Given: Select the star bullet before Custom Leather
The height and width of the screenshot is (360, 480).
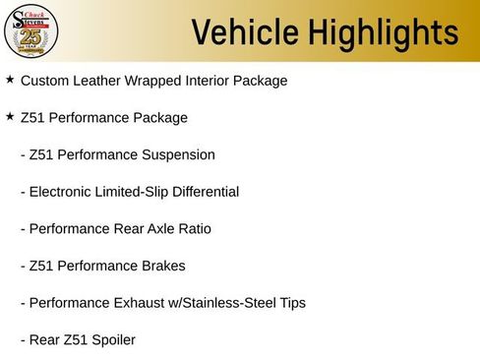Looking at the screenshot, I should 10,80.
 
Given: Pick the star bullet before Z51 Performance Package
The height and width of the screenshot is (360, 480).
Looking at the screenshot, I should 10,116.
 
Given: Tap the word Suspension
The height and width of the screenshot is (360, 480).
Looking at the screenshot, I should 177,154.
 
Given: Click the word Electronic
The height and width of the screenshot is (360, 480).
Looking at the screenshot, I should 64,191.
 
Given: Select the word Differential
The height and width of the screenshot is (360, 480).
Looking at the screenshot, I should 203,191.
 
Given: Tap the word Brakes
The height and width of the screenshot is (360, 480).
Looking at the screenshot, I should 161,266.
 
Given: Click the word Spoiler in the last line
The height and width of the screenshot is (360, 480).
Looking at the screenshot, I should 110,340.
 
